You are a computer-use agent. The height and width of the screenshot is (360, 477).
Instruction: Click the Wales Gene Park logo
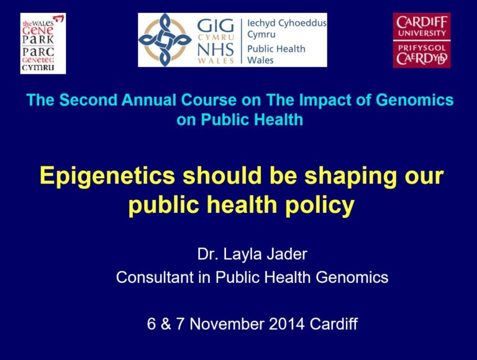pyautogui.click(x=43, y=43)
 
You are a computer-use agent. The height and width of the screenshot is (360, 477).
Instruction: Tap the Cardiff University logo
pyautogui.click(x=422, y=40)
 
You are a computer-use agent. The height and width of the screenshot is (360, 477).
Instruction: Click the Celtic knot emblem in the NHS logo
pyautogui.click(x=165, y=40)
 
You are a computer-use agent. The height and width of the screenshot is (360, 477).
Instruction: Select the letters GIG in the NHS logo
pyautogui.click(x=216, y=26)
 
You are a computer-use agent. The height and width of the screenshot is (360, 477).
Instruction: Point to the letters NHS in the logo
pyautogui.click(x=216, y=50)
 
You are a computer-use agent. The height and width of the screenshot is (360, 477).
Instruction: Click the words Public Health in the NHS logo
pyautogui.click(x=276, y=49)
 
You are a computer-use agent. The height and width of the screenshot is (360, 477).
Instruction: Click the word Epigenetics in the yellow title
pyautogui.click(x=107, y=176)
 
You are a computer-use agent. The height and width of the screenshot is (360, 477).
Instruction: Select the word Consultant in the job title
pyautogui.click(x=155, y=277)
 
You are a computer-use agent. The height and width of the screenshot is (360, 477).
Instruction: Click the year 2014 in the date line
pyautogui.click(x=286, y=323)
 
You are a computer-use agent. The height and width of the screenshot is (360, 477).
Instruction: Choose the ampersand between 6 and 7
pyautogui.click(x=166, y=323)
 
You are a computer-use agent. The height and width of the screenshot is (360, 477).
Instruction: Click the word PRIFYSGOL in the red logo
pyautogui.click(x=422, y=48)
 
